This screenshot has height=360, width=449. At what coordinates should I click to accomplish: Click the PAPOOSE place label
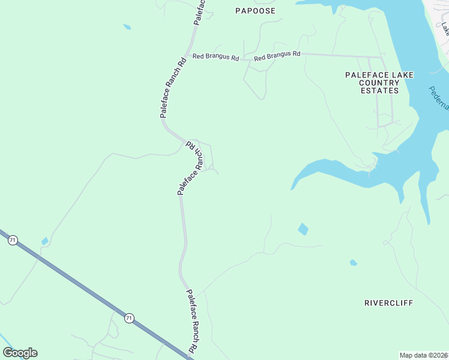(x=255, y=11)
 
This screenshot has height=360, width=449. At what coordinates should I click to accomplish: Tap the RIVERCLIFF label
(x=388, y=303)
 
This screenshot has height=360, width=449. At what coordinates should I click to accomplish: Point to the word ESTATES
(x=380, y=91)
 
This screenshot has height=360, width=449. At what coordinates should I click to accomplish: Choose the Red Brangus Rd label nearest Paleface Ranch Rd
(x=215, y=57)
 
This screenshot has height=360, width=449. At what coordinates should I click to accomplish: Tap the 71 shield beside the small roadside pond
(x=13, y=240)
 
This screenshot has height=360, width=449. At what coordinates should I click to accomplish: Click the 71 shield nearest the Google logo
(x=129, y=318)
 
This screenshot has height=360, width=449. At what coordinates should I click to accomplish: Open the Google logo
(x=20, y=353)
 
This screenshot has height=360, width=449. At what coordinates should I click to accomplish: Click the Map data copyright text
(x=423, y=355)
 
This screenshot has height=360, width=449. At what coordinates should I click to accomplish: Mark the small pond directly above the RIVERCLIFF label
(x=354, y=263)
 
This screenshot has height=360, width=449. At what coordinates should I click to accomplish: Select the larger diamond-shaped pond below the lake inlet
(x=303, y=229)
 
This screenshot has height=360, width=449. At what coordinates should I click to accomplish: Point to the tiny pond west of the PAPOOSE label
(x=127, y=27)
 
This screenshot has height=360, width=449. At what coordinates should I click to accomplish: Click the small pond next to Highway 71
(x=44, y=241)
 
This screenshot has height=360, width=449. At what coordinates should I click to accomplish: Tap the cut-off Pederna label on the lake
(x=439, y=98)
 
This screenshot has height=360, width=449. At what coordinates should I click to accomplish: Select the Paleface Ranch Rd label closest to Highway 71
(x=191, y=321)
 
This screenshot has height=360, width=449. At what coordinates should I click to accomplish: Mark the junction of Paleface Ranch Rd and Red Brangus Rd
(x=191, y=56)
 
